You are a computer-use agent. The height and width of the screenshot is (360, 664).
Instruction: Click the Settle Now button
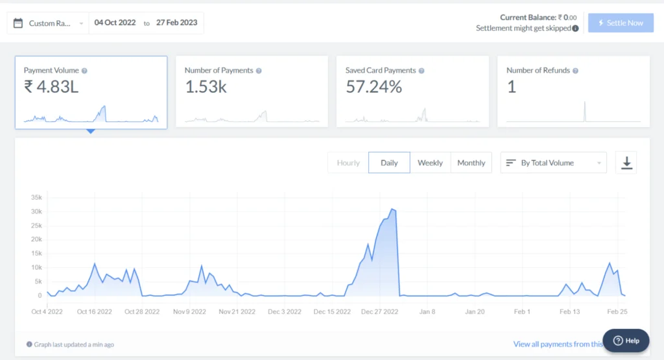coord(621,23)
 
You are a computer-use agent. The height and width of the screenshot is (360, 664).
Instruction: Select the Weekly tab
coord(430,163)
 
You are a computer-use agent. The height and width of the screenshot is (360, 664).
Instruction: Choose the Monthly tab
coord(471,163)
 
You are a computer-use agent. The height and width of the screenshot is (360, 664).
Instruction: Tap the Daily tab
coord(389,163)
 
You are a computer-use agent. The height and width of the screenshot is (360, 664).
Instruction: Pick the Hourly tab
coord(348,163)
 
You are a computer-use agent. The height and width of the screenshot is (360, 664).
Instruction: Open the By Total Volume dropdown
coord(553,163)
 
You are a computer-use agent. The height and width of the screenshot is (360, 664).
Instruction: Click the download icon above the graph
coord(626,163)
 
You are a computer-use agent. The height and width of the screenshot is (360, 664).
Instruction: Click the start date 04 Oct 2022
coord(115,23)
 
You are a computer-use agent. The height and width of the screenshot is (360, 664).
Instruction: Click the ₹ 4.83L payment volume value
coord(51,87)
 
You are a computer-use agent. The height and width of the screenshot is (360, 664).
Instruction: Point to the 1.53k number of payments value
coord(206,87)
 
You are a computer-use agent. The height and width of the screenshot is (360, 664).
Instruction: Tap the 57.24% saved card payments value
coord(373,87)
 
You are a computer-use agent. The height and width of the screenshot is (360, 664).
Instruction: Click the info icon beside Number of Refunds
coord(575,71)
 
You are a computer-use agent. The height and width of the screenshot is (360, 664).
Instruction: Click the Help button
coord(626,341)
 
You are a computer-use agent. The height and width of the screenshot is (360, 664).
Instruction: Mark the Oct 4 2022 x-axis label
coord(48,311)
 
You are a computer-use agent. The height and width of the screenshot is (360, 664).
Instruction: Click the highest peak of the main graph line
coord(392,210)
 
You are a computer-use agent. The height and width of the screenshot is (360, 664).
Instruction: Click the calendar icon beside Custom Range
coord(18,23)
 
